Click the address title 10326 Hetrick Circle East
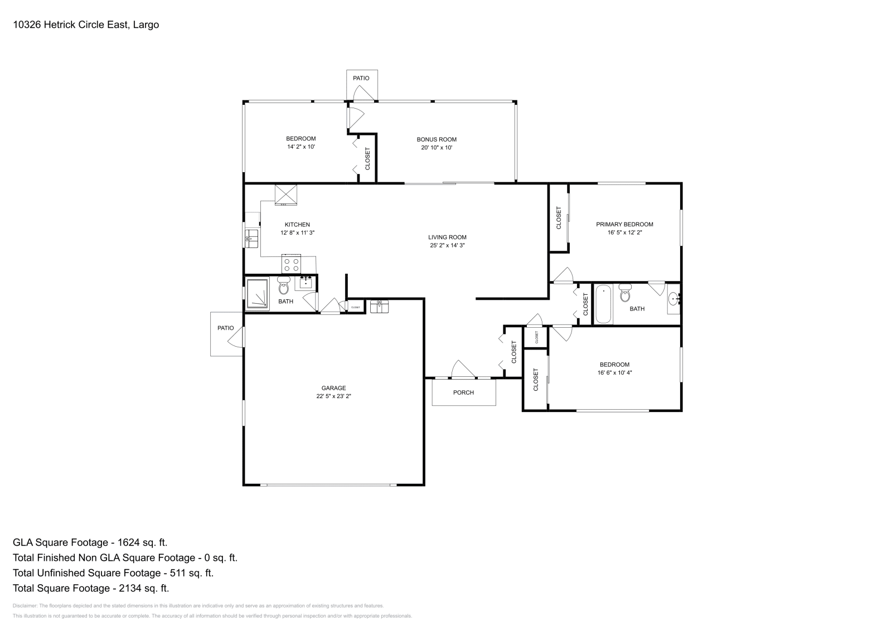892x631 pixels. point(86,25)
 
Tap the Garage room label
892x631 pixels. point(333,388)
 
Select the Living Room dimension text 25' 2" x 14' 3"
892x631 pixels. point(447,245)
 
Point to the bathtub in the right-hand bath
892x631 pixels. point(603,304)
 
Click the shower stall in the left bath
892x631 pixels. point(258,294)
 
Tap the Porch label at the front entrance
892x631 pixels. point(463,392)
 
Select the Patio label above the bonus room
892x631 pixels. point(361,78)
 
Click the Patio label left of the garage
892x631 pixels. point(225,328)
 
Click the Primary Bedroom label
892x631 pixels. point(624,224)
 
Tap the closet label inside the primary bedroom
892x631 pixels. point(559,218)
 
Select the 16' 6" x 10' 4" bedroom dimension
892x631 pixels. point(614,372)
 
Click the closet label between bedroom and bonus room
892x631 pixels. point(367,159)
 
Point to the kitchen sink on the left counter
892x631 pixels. point(251,238)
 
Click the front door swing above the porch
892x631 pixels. point(462,370)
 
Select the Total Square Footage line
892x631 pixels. point(91,588)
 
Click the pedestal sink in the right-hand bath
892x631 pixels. point(674,299)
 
